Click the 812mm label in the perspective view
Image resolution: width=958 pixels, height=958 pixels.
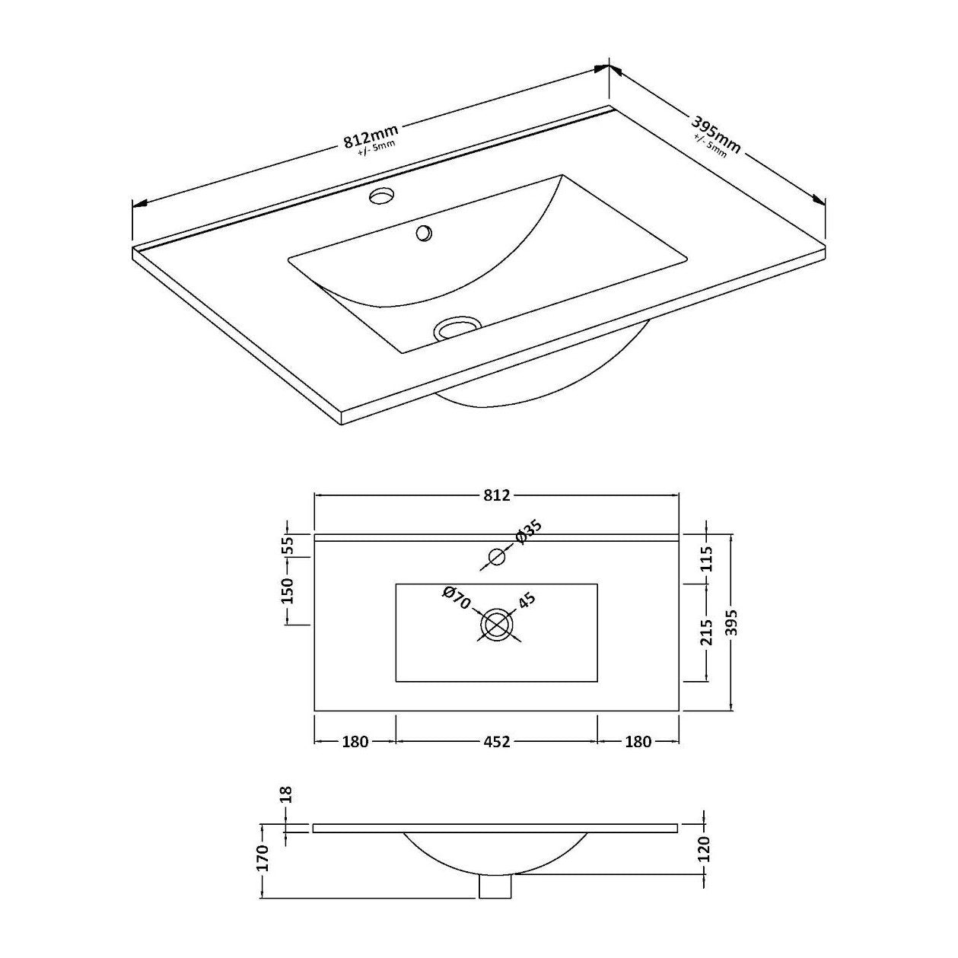(371, 137)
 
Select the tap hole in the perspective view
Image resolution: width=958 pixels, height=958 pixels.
(382, 196)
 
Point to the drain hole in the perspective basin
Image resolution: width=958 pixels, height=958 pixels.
(458, 328)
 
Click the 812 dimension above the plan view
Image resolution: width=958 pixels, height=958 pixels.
(497, 495)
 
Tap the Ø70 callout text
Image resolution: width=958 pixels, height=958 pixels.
(457, 597)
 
